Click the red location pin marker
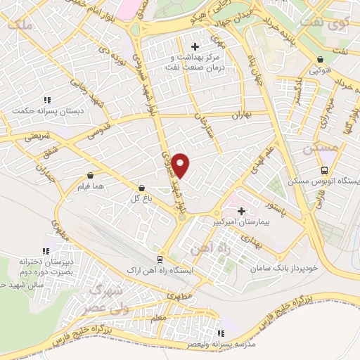point(181,165)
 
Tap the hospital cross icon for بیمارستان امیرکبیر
point(241,211)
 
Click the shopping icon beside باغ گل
point(143,188)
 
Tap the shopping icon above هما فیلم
point(90,176)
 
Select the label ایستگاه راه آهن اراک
point(158,270)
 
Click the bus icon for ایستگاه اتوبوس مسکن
point(323,170)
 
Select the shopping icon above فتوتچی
point(321,60)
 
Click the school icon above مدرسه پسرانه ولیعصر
point(221,333)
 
